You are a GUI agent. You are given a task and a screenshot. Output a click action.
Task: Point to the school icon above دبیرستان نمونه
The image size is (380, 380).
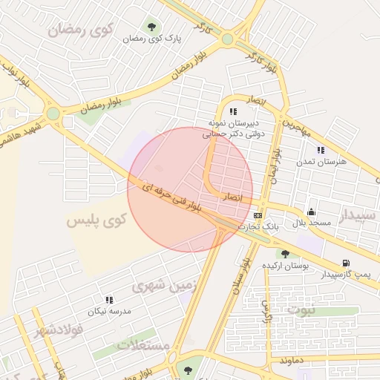[232, 111]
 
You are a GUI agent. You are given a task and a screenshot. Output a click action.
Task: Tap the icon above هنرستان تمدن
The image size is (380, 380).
[321, 150]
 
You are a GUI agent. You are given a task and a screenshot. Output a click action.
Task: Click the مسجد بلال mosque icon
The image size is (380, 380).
[310, 212]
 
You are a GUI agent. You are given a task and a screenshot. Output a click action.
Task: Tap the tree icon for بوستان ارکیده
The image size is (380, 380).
[285, 254]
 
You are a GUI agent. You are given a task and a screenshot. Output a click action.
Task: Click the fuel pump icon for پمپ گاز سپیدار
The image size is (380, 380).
[345, 263]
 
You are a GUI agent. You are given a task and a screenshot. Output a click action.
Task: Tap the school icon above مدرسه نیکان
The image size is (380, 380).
[109, 300]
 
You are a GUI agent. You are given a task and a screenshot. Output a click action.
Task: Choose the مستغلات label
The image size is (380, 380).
[144, 346]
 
